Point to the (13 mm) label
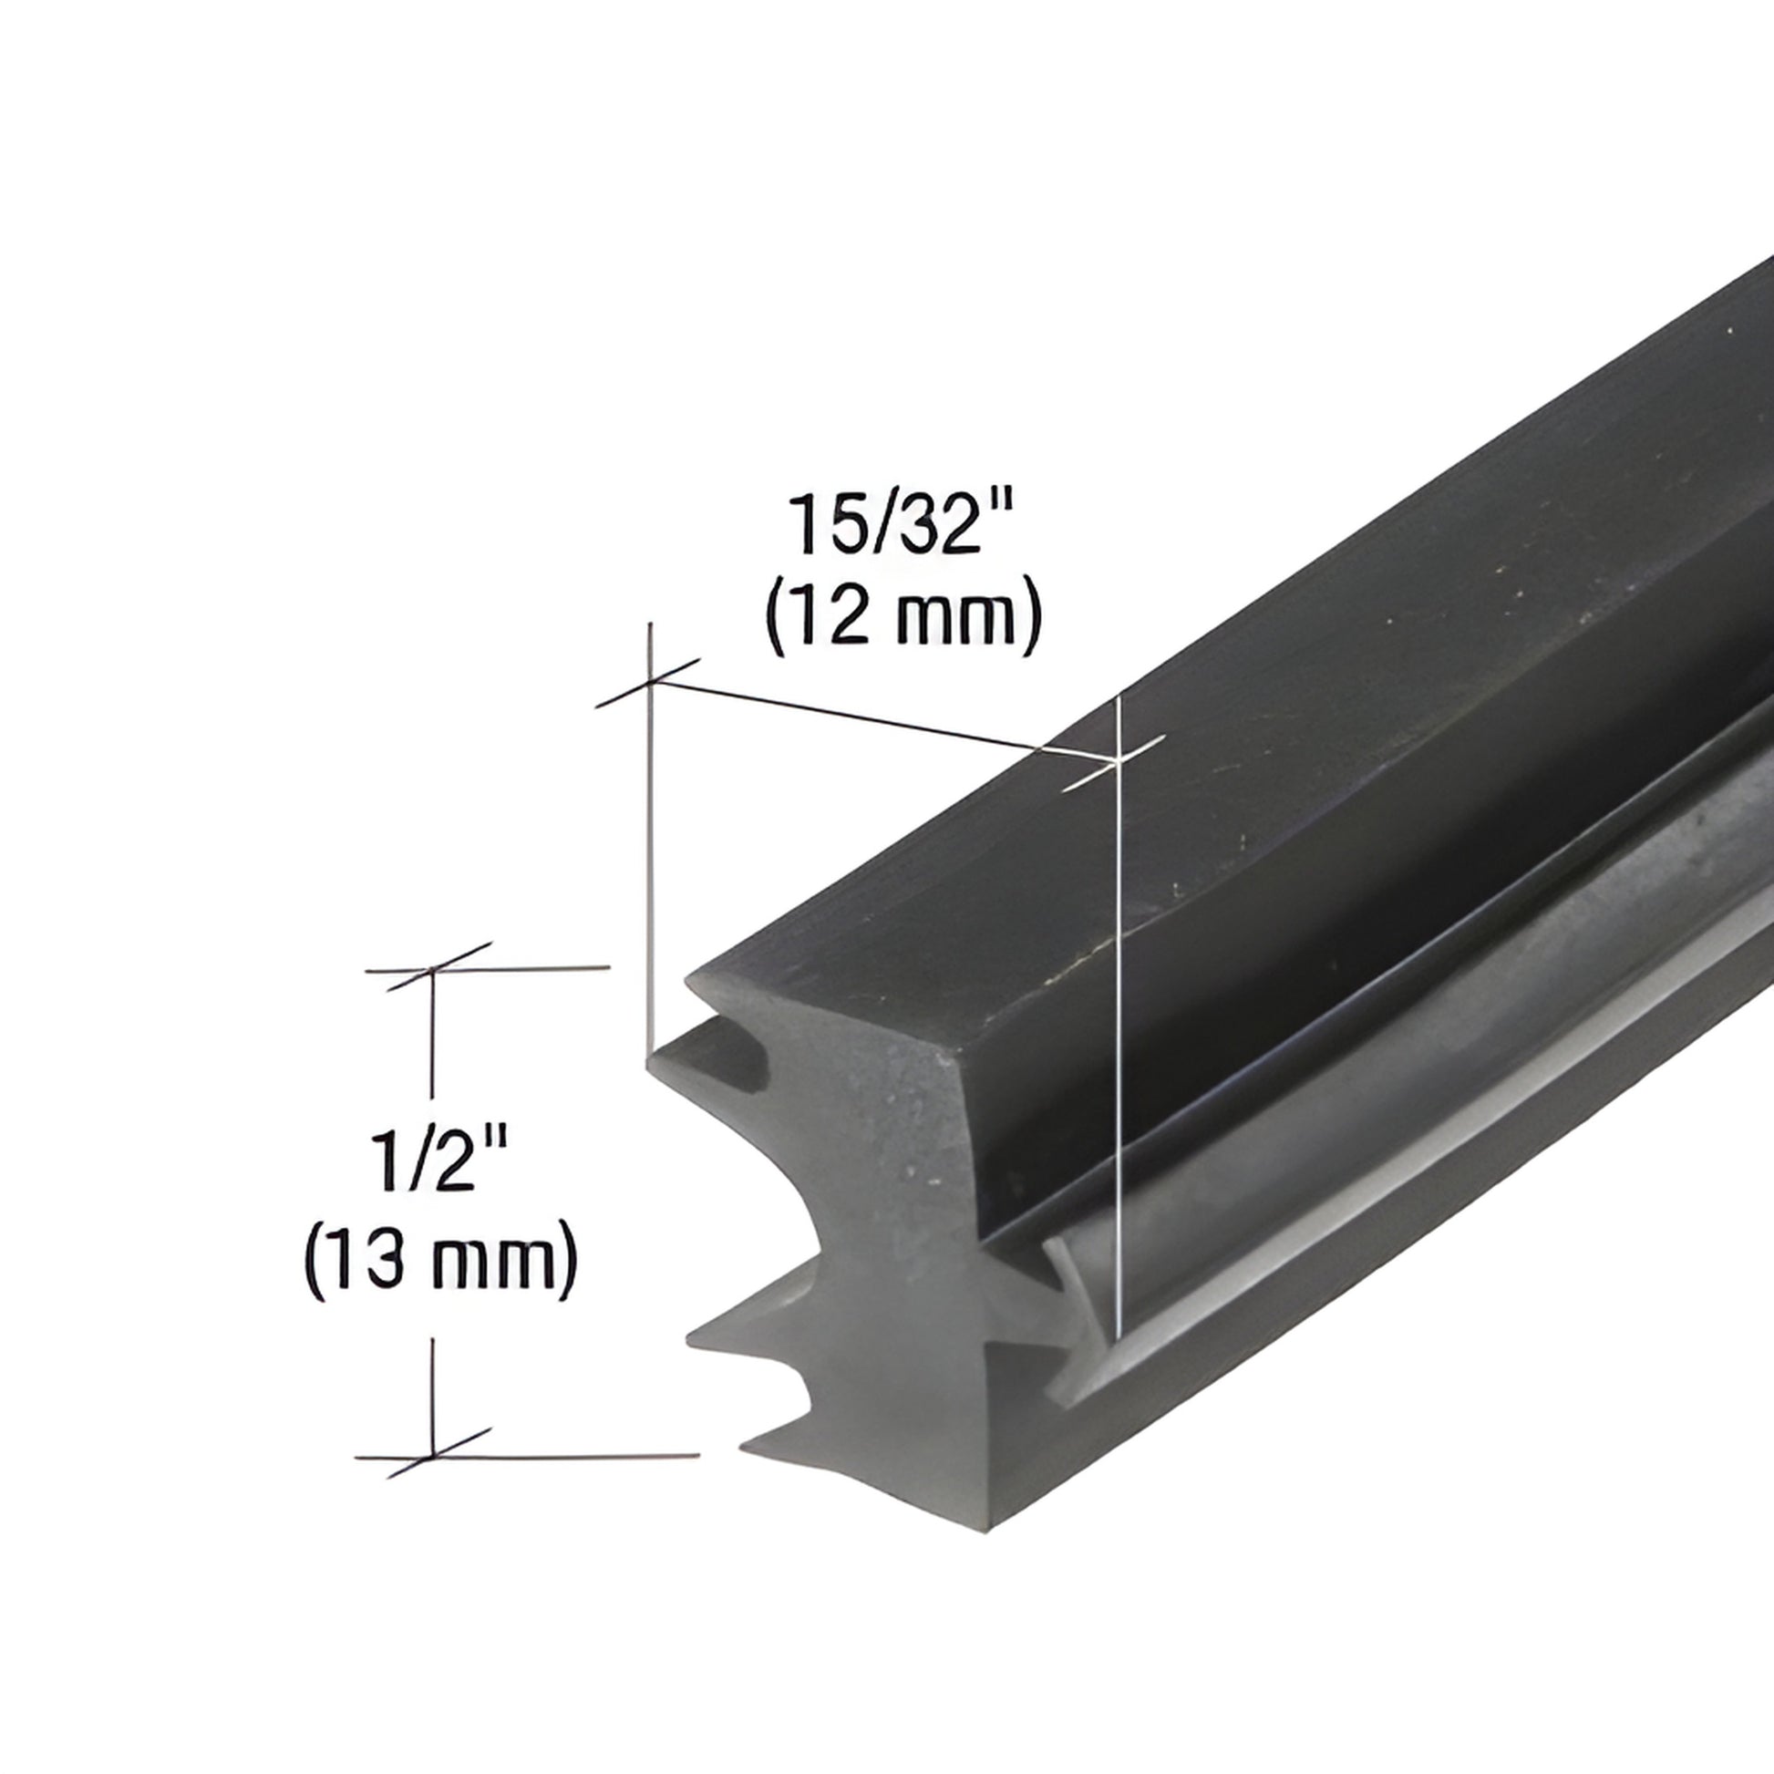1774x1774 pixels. tap(440, 1258)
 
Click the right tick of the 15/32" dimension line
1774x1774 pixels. tap(1115, 762)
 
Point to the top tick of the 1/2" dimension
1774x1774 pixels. tap(431, 968)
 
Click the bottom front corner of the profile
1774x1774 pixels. tap(992, 1529)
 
